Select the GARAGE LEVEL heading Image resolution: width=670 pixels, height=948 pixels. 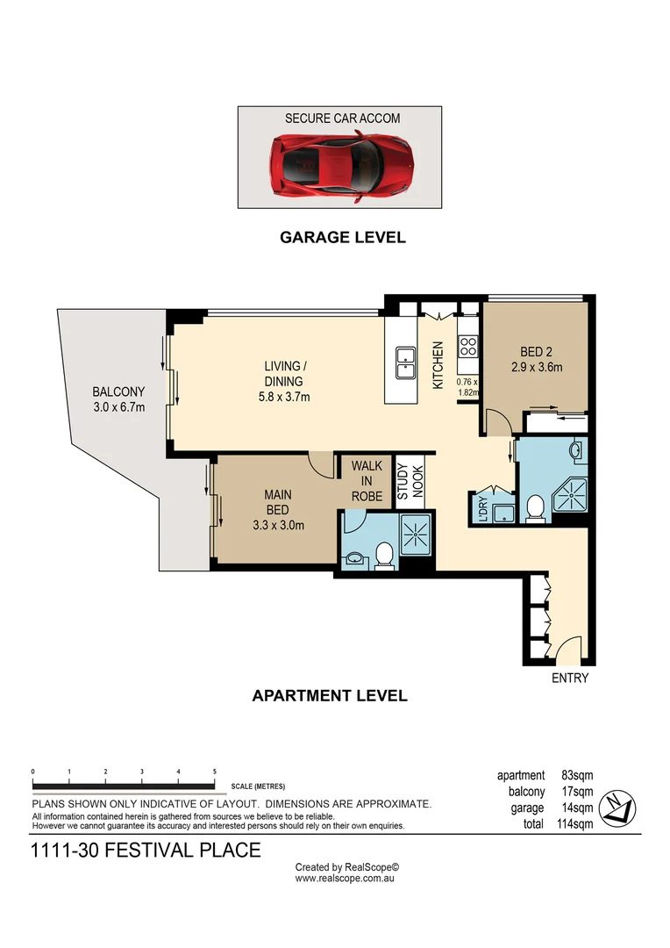[x=342, y=237]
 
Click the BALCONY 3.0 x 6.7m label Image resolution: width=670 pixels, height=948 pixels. [x=118, y=399]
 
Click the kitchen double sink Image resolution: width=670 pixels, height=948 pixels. [x=405, y=362]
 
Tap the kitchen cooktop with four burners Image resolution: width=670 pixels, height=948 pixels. [x=467, y=346]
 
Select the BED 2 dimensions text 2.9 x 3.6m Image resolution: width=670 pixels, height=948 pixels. [x=536, y=367]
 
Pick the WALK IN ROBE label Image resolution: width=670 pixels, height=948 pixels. [x=367, y=480]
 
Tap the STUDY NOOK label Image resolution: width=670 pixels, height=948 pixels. [x=410, y=481]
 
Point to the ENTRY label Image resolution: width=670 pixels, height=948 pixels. [x=569, y=679]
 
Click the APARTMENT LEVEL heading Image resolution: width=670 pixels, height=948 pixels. [x=330, y=695]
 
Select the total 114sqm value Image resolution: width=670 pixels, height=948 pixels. [x=575, y=824]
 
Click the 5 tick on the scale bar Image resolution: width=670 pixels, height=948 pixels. [x=215, y=772]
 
